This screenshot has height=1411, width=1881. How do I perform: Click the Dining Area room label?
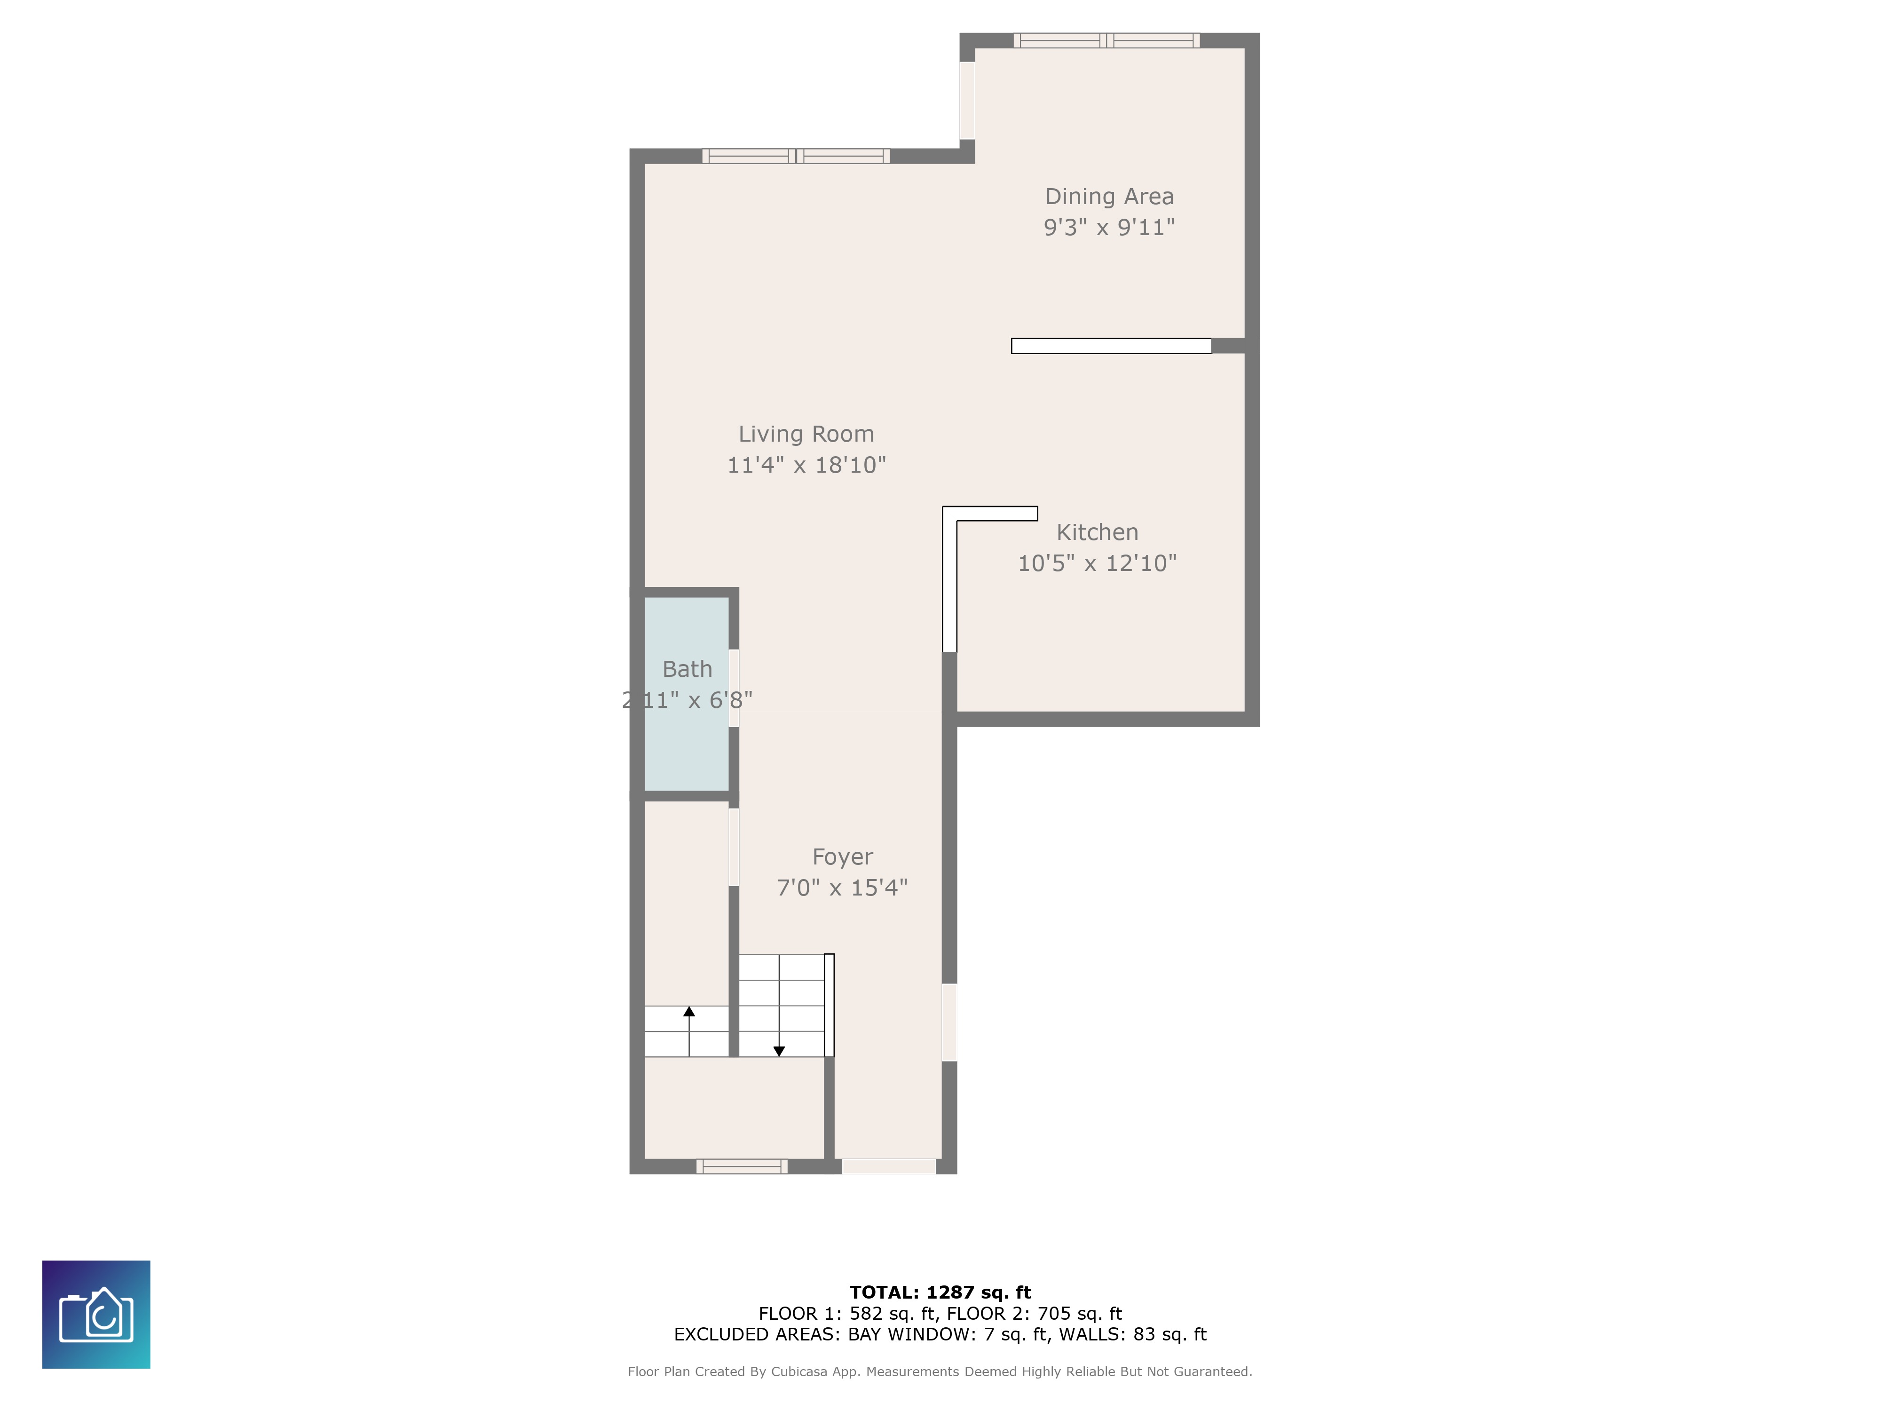pyautogui.click(x=1109, y=197)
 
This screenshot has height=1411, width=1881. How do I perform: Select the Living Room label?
pyautogui.click(x=805, y=434)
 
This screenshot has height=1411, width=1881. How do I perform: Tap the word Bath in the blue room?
pyautogui.click(x=687, y=669)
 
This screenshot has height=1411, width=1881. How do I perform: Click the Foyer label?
pyautogui.click(x=842, y=856)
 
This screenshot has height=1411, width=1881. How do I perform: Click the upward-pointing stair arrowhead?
pyautogui.click(x=689, y=1011)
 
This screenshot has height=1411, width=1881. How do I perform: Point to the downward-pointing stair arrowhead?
pyautogui.click(x=779, y=1051)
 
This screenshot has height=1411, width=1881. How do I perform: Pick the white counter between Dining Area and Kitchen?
pyautogui.click(x=1111, y=345)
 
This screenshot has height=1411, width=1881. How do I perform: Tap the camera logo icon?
pyautogui.click(x=96, y=1314)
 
